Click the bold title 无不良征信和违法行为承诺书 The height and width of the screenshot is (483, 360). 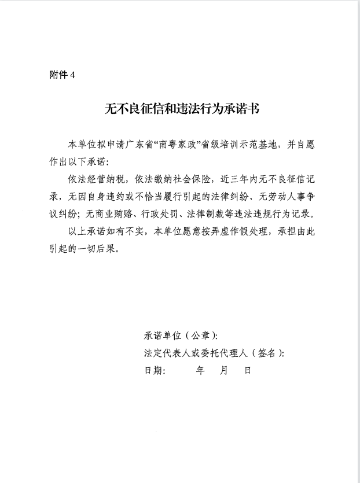point(180,109)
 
